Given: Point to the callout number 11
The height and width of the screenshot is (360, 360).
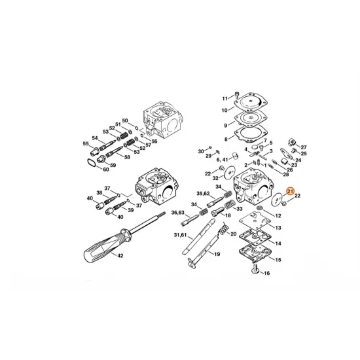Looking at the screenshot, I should click(x=225, y=98).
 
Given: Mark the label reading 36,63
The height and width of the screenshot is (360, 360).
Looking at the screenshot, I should click(x=178, y=212).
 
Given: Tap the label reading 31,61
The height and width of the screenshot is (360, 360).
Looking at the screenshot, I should click(x=179, y=236).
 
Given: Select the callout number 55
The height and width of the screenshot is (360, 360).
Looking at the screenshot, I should click(x=85, y=143).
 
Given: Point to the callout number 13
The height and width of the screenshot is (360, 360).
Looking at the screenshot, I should click(x=278, y=227).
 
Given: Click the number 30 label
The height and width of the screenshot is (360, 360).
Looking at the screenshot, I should click(x=202, y=151).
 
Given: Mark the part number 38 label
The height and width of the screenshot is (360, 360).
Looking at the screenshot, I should click(x=99, y=192).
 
